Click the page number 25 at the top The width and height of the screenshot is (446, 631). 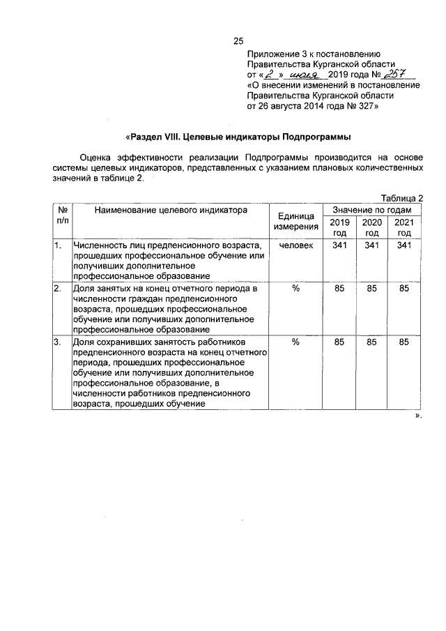pyautogui.click(x=237, y=40)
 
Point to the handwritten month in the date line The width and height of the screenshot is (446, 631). pyautogui.click(x=304, y=75)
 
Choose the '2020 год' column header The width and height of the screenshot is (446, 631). pyautogui.click(x=372, y=227)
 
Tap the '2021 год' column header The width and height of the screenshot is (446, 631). pyautogui.click(x=404, y=227)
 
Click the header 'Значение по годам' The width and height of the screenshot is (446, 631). pyautogui.click(x=372, y=210)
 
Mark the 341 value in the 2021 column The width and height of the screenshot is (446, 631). pyautogui.click(x=404, y=245)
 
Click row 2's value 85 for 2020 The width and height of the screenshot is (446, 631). pyautogui.click(x=372, y=288)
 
